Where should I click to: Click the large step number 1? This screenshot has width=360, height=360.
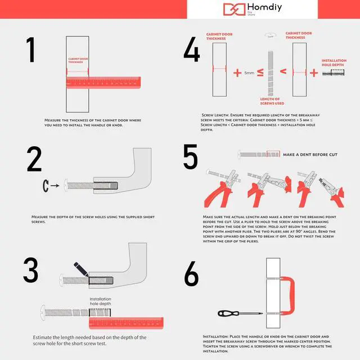(31, 51)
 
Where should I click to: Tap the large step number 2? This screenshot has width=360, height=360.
(34, 159)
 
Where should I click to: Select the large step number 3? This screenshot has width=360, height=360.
(31, 271)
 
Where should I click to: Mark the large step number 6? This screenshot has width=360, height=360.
(191, 275)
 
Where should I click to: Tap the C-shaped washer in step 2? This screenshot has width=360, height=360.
(46, 185)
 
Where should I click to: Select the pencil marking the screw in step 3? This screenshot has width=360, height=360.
(80, 269)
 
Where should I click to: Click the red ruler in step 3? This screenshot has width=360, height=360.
(126, 323)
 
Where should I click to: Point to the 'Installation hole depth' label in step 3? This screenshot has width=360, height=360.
(101, 301)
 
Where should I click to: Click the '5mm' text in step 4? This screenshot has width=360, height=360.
(249, 73)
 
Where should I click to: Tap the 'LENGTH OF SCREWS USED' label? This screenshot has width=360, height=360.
(270, 101)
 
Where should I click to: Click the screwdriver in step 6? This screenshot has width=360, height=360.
(240, 313)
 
